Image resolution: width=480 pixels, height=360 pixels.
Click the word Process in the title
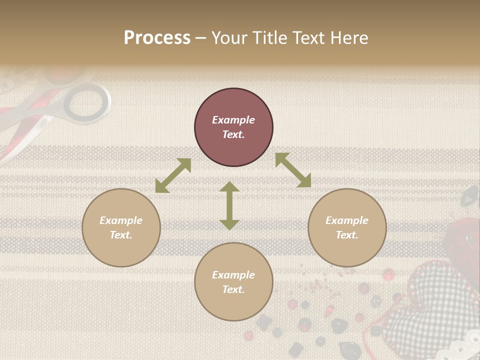(x=157, y=38)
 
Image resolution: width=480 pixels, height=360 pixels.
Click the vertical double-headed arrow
(x=229, y=205)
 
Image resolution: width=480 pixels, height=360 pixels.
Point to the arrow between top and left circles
(x=173, y=175)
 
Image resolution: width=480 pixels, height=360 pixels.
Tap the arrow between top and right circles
(x=293, y=170)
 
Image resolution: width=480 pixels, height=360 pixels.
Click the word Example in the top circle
(x=233, y=120)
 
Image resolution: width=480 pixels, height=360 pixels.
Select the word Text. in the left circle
(x=121, y=235)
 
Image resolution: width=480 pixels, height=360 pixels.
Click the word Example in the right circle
(x=347, y=220)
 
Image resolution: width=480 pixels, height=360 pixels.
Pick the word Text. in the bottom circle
(x=233, y=289)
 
